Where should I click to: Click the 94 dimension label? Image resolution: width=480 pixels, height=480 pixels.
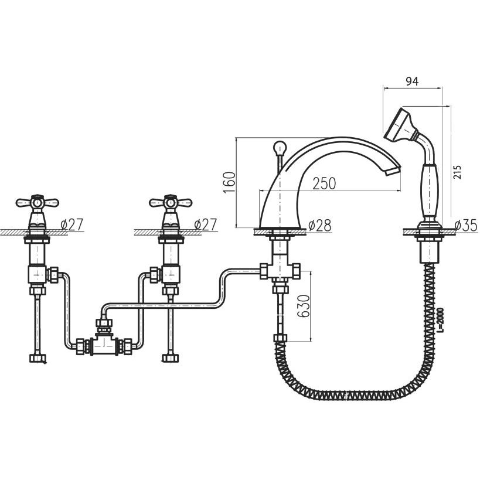pyautogui.click(x=412, y=81)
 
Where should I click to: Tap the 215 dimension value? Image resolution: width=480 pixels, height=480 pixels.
pyautogui.click(x=457, y=172)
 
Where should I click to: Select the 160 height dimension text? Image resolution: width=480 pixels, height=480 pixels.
pyautogui.click(x=230, y=182)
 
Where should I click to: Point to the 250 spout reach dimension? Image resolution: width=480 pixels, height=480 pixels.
pyautogui.click(x=324, y=183)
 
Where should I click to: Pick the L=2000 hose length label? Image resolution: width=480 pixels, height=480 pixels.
pyautogui.click(x=440, y=319)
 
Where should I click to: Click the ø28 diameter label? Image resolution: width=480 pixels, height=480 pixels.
pyautogui.click(x=319, y=226)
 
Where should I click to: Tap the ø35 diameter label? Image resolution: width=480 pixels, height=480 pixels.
pyautogui.click(x=465, y=226)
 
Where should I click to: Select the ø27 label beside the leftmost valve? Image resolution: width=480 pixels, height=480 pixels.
pyautogui.click(x=72, y=224)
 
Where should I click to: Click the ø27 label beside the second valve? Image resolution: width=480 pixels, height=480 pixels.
pyautogui.click(x=205, y=224)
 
